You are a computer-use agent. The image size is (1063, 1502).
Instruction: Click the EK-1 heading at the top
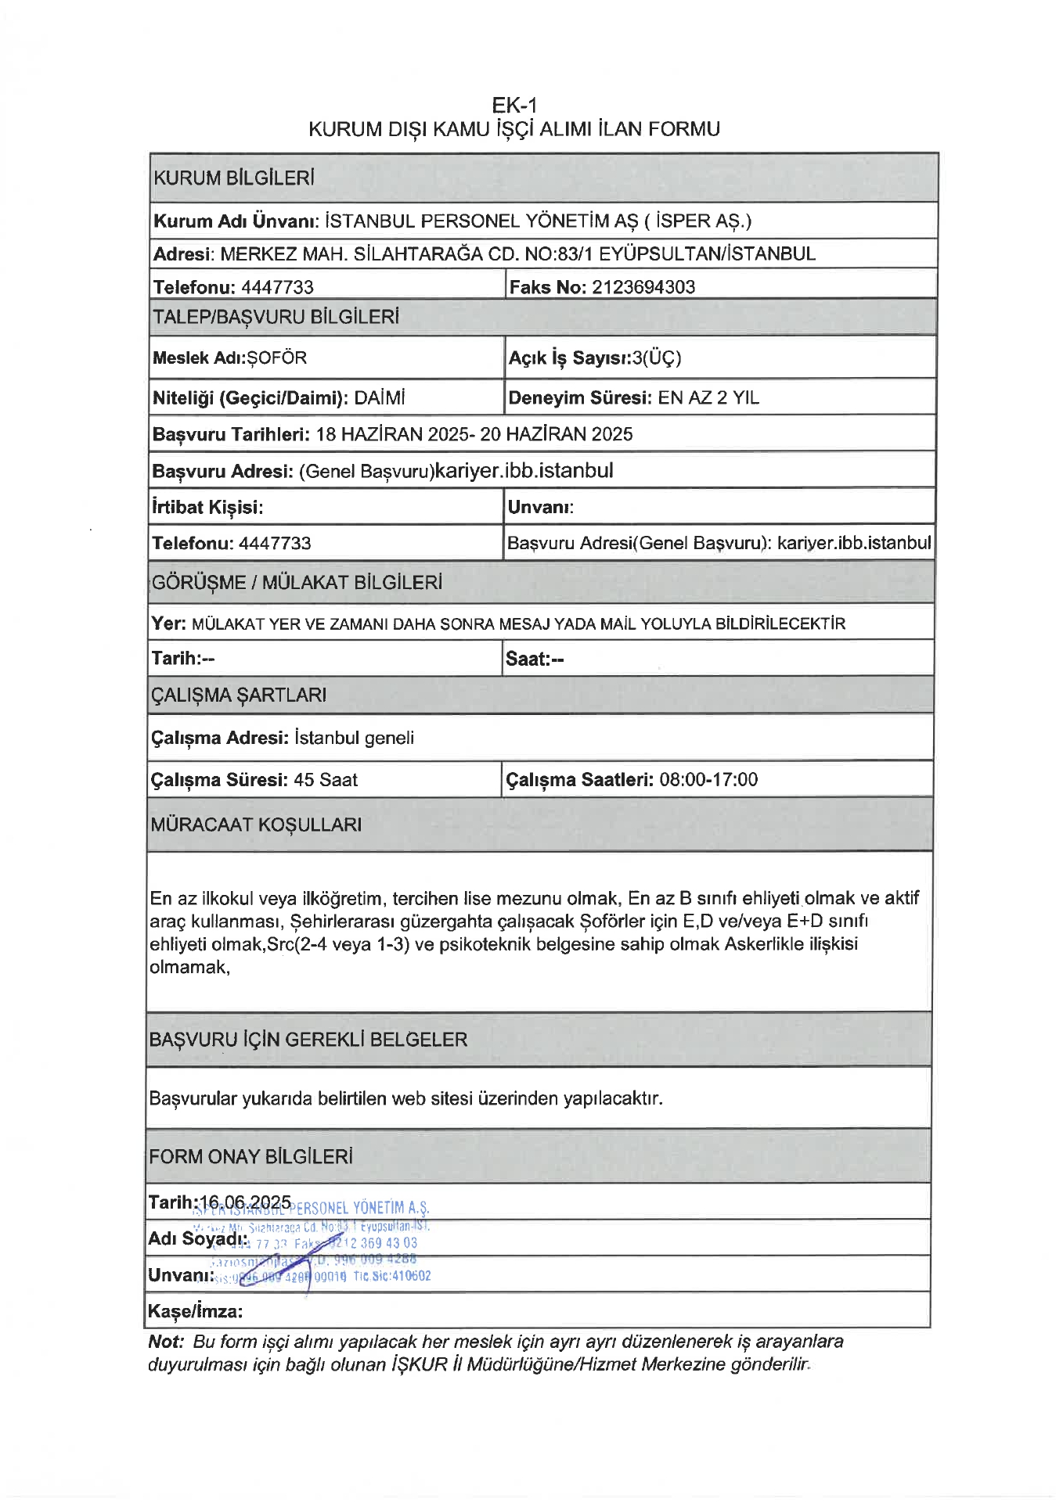pyautogui.click(x=514, y=105)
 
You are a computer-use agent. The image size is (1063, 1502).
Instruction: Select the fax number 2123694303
pyautogui.click(x=643, y=287)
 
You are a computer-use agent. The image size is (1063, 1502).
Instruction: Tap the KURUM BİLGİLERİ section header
pyautogui.click(x=234, y=178)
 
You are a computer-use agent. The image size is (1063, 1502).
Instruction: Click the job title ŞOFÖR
pyautogui.click(x=277, y=358)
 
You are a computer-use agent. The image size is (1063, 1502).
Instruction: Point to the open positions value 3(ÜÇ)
pyautogui.click(x=657, y=358)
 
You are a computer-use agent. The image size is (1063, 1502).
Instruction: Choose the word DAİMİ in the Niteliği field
pyautogui.click(x=380, y=398)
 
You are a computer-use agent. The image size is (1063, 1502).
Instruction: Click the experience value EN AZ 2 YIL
pyautogui.click(x=708, y=398)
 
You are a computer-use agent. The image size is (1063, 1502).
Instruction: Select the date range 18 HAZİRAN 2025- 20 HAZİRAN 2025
pyautogui.click(x=474, y=434)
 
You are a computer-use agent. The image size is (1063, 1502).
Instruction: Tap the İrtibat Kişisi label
pyautogui.click(x=207, y=507)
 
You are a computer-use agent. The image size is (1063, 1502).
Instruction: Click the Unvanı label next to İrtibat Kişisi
pyautogui.click(x=541, y=507)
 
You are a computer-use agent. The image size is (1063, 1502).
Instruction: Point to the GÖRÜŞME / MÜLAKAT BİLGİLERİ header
pyautogui.click(x=297, y=583)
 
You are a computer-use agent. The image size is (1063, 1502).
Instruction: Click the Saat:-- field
pyautogui.click(x=535, y=659)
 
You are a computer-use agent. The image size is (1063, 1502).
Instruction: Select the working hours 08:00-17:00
pyautogui.click(x=708, y=780)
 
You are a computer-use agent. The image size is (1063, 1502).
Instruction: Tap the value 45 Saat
pyautogui.click(x=326, y=780)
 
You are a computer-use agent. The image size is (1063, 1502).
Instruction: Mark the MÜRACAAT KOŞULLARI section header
pyautogui.click(x=256, y=825)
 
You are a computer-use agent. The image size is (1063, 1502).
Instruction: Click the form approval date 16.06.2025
pyautogui.click(x=246, y=1202)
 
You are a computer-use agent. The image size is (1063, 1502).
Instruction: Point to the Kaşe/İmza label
pyautogui.click(x=195, y=1311)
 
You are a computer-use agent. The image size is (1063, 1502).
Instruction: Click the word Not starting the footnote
pyautogui.click(x=165, y=1342)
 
